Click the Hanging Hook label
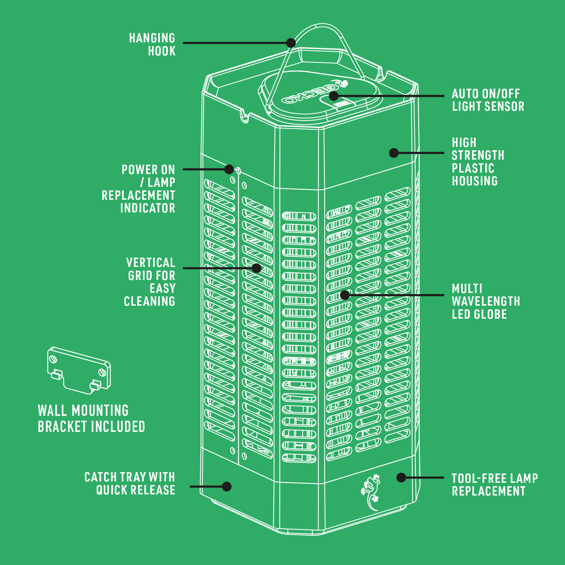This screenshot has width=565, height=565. coord(152,44)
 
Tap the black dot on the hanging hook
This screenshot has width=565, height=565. coord(291,43)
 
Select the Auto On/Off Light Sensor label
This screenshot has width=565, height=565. coord(488,100)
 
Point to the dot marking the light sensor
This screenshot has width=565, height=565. coord(334,96)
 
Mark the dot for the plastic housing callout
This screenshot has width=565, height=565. coord(394,153)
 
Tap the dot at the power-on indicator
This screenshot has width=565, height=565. coord(229,169)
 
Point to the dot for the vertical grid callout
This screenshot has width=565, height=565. coord(257,268)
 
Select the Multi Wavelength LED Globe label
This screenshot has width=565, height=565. coord(486,301)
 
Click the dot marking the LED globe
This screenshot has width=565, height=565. coord(345,295)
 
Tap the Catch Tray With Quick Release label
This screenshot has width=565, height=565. coord(130,483)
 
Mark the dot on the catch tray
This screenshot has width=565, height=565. coord(227,487)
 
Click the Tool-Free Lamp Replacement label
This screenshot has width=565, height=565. coord(495,485)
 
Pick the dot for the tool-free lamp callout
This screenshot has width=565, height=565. coord(401,477)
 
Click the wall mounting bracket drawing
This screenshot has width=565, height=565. coord(79,370)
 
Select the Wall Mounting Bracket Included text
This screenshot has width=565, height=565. coord(91,418)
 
